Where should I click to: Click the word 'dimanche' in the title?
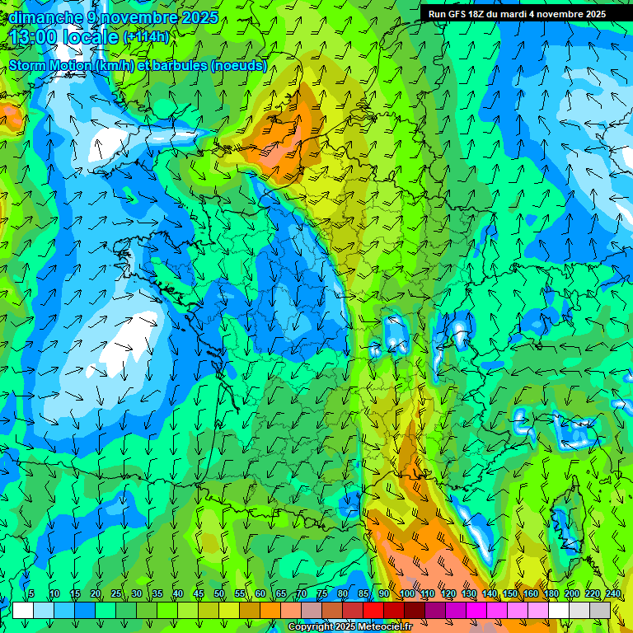45,16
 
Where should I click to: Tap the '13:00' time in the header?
33,37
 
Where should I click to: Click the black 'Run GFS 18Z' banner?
517,14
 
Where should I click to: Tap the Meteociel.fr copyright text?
350,627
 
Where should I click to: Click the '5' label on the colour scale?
31,594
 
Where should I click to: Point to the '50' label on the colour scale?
219,594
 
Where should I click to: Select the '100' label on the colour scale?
407,594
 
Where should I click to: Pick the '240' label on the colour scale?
612,594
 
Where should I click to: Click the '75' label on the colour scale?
322,594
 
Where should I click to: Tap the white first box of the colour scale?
23,610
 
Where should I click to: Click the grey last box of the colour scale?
600,610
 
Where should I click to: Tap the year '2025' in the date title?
199,16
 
